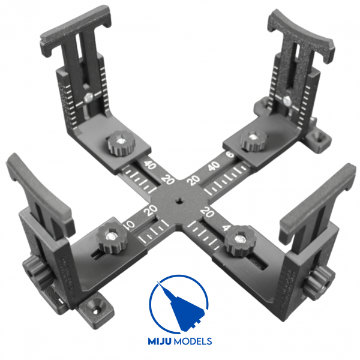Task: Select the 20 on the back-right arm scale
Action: tap(194, 179)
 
